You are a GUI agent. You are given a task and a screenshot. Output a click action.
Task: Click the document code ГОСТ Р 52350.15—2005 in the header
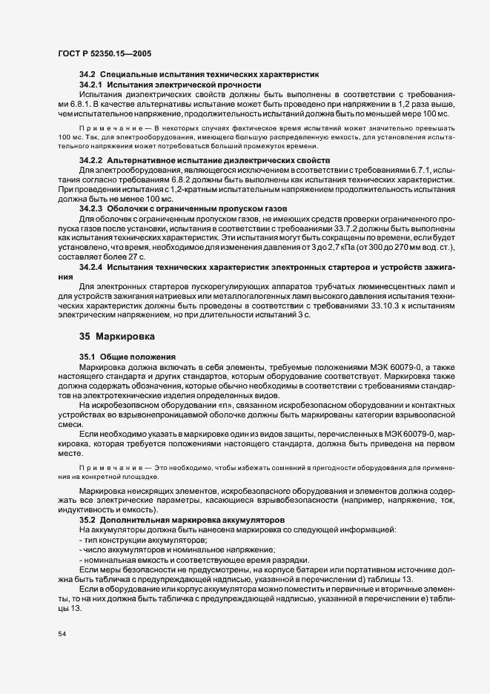click(105, 54)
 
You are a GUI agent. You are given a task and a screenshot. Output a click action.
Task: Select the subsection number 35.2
click(87, 520)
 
